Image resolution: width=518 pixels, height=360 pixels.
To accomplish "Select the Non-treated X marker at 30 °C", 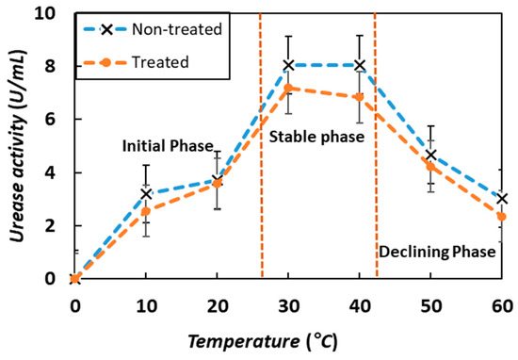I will click(x=289, y=65).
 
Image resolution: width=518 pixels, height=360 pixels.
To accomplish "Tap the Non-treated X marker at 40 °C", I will click(x=360, y=65).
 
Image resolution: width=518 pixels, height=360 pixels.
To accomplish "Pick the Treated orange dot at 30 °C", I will click(x=289, y=88).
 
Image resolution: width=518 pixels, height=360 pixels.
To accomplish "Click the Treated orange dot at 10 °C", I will click(x=147, y=211).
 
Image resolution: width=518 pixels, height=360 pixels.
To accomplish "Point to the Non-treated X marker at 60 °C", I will click(x=502, y=199).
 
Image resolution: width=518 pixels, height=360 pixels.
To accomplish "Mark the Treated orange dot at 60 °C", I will click(x=502, y=217).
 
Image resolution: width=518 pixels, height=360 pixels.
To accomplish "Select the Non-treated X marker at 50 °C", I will click(x=431, y=155).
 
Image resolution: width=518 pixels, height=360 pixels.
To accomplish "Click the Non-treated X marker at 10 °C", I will click(x=147, y=193).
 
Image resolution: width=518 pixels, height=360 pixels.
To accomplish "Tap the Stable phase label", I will click(x=316, y=138).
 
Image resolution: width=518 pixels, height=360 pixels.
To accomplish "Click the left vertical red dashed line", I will click(x=260, y=188).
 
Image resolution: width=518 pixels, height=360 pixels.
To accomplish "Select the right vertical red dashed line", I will click(x=376, y=188).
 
